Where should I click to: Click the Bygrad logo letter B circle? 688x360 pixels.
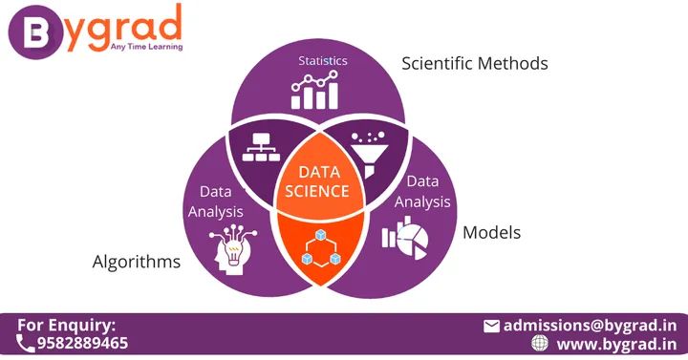click(32, 31)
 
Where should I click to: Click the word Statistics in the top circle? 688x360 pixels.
click(322, 61)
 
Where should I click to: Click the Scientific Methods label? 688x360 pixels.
click(474, 64)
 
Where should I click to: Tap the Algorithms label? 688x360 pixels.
click(136, 262)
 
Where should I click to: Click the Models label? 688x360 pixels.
click(491, 232)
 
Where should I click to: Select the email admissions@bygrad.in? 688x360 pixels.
click(590, 325)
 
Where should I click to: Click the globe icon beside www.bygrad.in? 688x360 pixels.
click(540, 343)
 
